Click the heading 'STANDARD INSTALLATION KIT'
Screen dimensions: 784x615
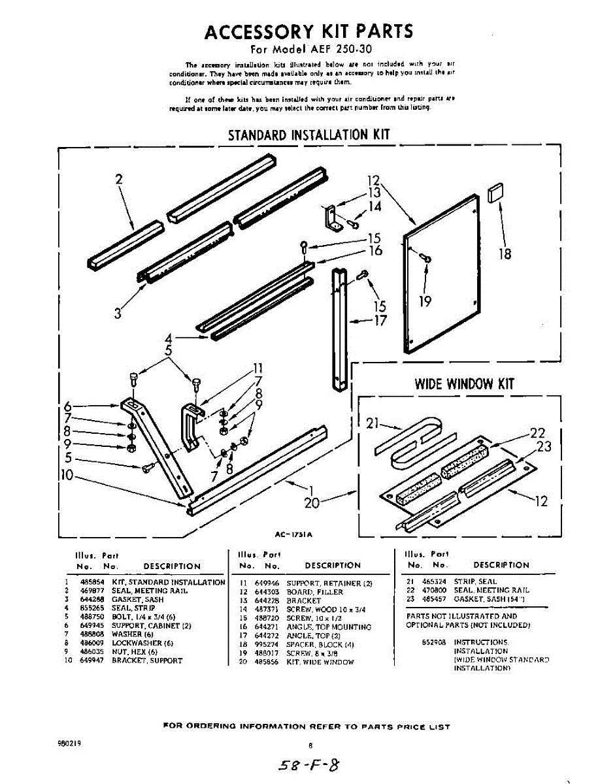[308, 135]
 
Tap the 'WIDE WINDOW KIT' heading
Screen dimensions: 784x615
[464, 384]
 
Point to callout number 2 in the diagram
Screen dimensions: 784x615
[119, 179]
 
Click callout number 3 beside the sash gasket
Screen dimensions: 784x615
[118, 313]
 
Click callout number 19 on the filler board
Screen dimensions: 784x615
[425, 302]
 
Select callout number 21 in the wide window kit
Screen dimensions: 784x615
[373, 424]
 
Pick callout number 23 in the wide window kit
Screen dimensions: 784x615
[544, 446]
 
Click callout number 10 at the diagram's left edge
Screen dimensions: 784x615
[67, 475]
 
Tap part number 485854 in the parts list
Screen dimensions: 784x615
[88, 582]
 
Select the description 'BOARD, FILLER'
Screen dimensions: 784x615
[314, 592]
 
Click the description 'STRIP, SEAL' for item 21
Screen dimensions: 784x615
[475, 581]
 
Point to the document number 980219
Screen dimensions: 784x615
[70, 743]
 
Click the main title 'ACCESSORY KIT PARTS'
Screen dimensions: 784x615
[308, 31]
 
